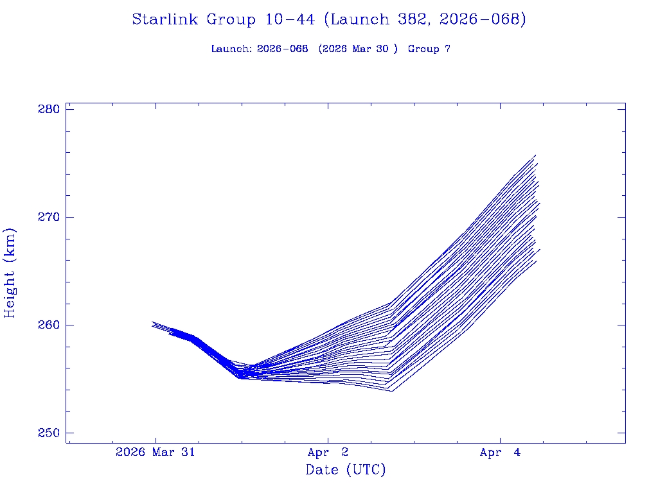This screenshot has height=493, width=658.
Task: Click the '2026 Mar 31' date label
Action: point(155,453)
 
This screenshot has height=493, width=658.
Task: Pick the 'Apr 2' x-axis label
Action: point(328,453)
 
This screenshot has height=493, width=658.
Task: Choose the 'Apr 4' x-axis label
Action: point(500,453)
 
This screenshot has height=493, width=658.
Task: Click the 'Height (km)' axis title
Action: point(10,273)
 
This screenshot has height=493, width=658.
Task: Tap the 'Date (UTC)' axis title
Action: point(346,471)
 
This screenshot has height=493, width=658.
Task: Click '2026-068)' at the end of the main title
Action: point(483,20)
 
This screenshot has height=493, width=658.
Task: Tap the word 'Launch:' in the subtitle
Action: point(231,49)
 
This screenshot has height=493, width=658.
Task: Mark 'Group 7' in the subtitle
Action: point(429,49)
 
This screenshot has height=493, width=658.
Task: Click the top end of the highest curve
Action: point(535,155)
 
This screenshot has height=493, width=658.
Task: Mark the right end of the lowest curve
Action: point(537,260)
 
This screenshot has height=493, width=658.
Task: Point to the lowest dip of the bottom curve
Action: point(391,390)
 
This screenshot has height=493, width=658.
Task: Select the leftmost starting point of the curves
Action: point(152,324)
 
